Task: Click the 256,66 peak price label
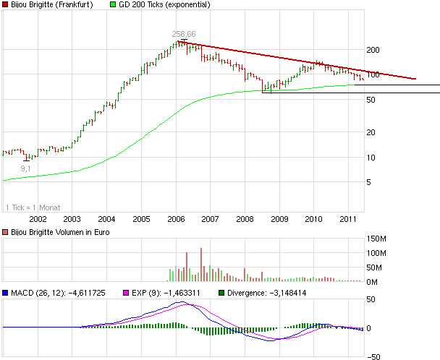pyautogui.click(x=184, y=34)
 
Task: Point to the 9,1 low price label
pyautogui.click(x=25, y=168)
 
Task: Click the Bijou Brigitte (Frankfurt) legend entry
pyautogui.click(x=46, y=5)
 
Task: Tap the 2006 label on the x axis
pyautogui.click(x=176, y=219)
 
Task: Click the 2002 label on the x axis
pyautogui.click(x=37, y=219)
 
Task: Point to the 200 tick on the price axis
pyautogui.click(x=374, y=49)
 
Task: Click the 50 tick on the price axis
pyautogui.click(x=372, y=100)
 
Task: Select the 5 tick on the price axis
pyautogui.click(x=370, y=183)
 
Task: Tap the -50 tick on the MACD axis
pyautogui.click(x=374, y=356)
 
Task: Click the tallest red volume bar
pyautogui.click(x=201, y=265)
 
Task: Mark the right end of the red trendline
pyautogui.click(x=416, y=79)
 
